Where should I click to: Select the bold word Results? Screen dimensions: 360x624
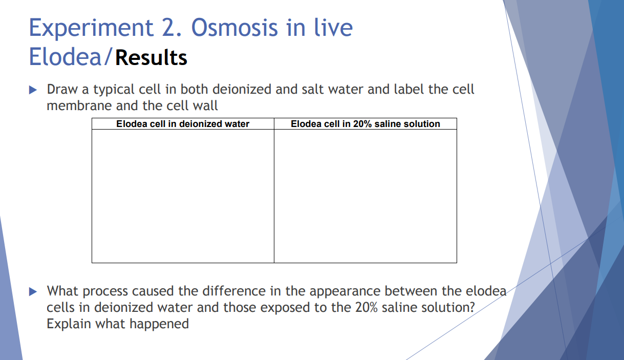pos(151,57)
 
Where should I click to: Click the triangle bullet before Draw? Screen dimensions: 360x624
pos(34,90)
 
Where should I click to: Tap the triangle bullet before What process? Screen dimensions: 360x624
pos(34,292)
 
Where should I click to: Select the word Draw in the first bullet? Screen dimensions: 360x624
pos(62,90)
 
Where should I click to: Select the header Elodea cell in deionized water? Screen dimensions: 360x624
pos(183,124)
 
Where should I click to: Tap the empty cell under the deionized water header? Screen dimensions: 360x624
pos(183,196)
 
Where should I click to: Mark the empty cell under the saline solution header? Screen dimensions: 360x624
pos(365,196)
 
